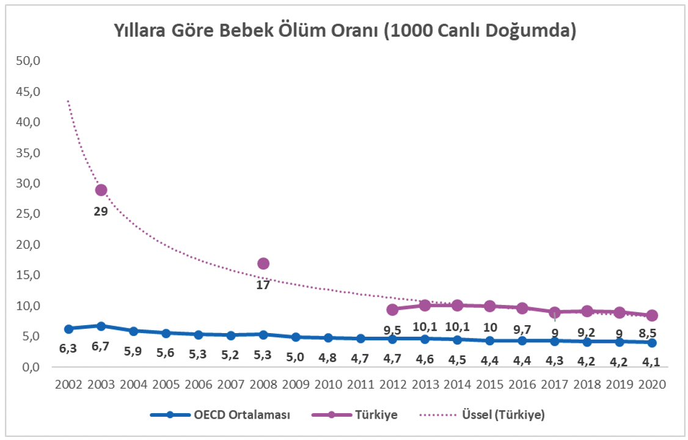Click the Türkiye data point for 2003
tap(101, 190)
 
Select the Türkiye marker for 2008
tap(263, 263)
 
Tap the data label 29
tap(101, 211)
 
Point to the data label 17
tap(263, 285)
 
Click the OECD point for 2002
tap(68, 329)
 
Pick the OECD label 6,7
tap(101, 347)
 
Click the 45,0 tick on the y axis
tap(28, 92)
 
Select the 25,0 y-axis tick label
tap(28, 214)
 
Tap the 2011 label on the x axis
tap(360, 385)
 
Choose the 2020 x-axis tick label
tap(652, 385)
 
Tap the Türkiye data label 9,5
tap(393, 330)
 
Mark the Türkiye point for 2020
tap(652, 315)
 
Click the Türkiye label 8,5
tap(652, 334)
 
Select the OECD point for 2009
tap(296, 337)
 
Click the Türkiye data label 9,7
tap(522, 329)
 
